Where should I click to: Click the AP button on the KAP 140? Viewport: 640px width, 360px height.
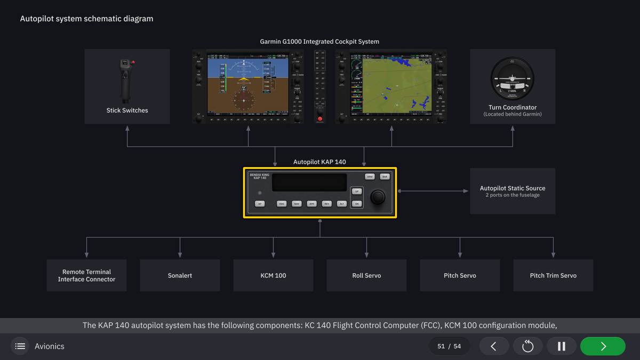pyautogui.click(x=260, y=204)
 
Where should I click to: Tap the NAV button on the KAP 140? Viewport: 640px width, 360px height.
pyautogui.click(x=297, y=204)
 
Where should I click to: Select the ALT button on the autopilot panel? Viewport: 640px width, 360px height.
pyautogui.click(x=342, y=204)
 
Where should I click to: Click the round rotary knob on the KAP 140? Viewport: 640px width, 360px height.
pyautogui.click(x=378, y=197)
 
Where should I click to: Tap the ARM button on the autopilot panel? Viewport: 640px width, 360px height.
pyautogui.click(x=370, y=177)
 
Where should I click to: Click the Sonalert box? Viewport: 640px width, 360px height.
pyautogui.click(x=180, y=275)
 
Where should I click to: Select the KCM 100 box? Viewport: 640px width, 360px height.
pyautogui.click(x=273, y=275)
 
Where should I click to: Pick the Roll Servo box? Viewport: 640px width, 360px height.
pyautogui.click(x=366, y=275)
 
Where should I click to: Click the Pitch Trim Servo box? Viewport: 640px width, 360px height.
pyautogui.click(x=553, y=275)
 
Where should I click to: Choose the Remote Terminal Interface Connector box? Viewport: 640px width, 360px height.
pyautogui.click(x=86, y=275)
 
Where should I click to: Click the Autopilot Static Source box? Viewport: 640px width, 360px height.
pyautogui.click(x=512, y=191)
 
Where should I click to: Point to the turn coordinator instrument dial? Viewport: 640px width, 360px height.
pyautogui.click(x=512, y=78)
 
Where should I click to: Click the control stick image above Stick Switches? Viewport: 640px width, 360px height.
pyautogui.click(x=126, y=81)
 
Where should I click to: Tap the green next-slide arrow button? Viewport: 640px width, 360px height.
pyautogui.click(x=603, y=346)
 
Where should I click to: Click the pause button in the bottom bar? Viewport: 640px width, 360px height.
pyautogui.click(x=561, y=346)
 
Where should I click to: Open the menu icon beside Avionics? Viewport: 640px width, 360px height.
pyautogui.click(x=20, y=346)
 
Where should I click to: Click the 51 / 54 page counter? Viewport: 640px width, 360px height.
pyautogui.click(x=449, y=346)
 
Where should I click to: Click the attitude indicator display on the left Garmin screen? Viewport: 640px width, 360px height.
pyautogui.click(x=244, y=85)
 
